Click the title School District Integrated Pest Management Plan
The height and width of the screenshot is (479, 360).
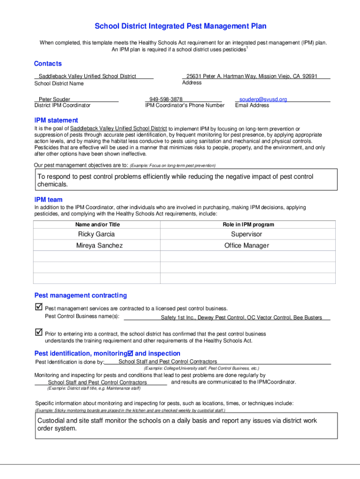click(180, 27)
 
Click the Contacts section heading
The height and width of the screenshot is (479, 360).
click(48, 64)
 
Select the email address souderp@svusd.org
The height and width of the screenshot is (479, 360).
click(263, 99)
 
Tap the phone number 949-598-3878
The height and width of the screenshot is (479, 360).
click(166, 99)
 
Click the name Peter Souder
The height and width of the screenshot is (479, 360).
click(54, 99)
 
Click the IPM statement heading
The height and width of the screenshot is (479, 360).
click(56, 120)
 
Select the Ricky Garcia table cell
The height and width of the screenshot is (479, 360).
click(96, 234)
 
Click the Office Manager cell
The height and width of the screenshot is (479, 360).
click(247, 246)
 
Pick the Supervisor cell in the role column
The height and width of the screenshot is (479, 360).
click(247, 234)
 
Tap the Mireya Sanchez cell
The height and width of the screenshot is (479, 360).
click(100, 246)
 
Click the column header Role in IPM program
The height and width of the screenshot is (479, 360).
click(248, 225)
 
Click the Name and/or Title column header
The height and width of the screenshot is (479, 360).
click(94, 225)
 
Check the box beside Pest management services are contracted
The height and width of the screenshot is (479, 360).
click(38, 307)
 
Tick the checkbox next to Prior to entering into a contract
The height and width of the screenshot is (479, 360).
click(38, 333)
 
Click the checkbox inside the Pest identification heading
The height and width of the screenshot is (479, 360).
click(130, 353)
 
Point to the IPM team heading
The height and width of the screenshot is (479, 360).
click(48, 200)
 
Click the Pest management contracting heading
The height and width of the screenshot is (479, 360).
click(80, 295)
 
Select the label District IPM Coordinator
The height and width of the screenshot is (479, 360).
click(62, 105)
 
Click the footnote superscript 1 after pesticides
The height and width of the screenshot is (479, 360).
click(247, 47)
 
